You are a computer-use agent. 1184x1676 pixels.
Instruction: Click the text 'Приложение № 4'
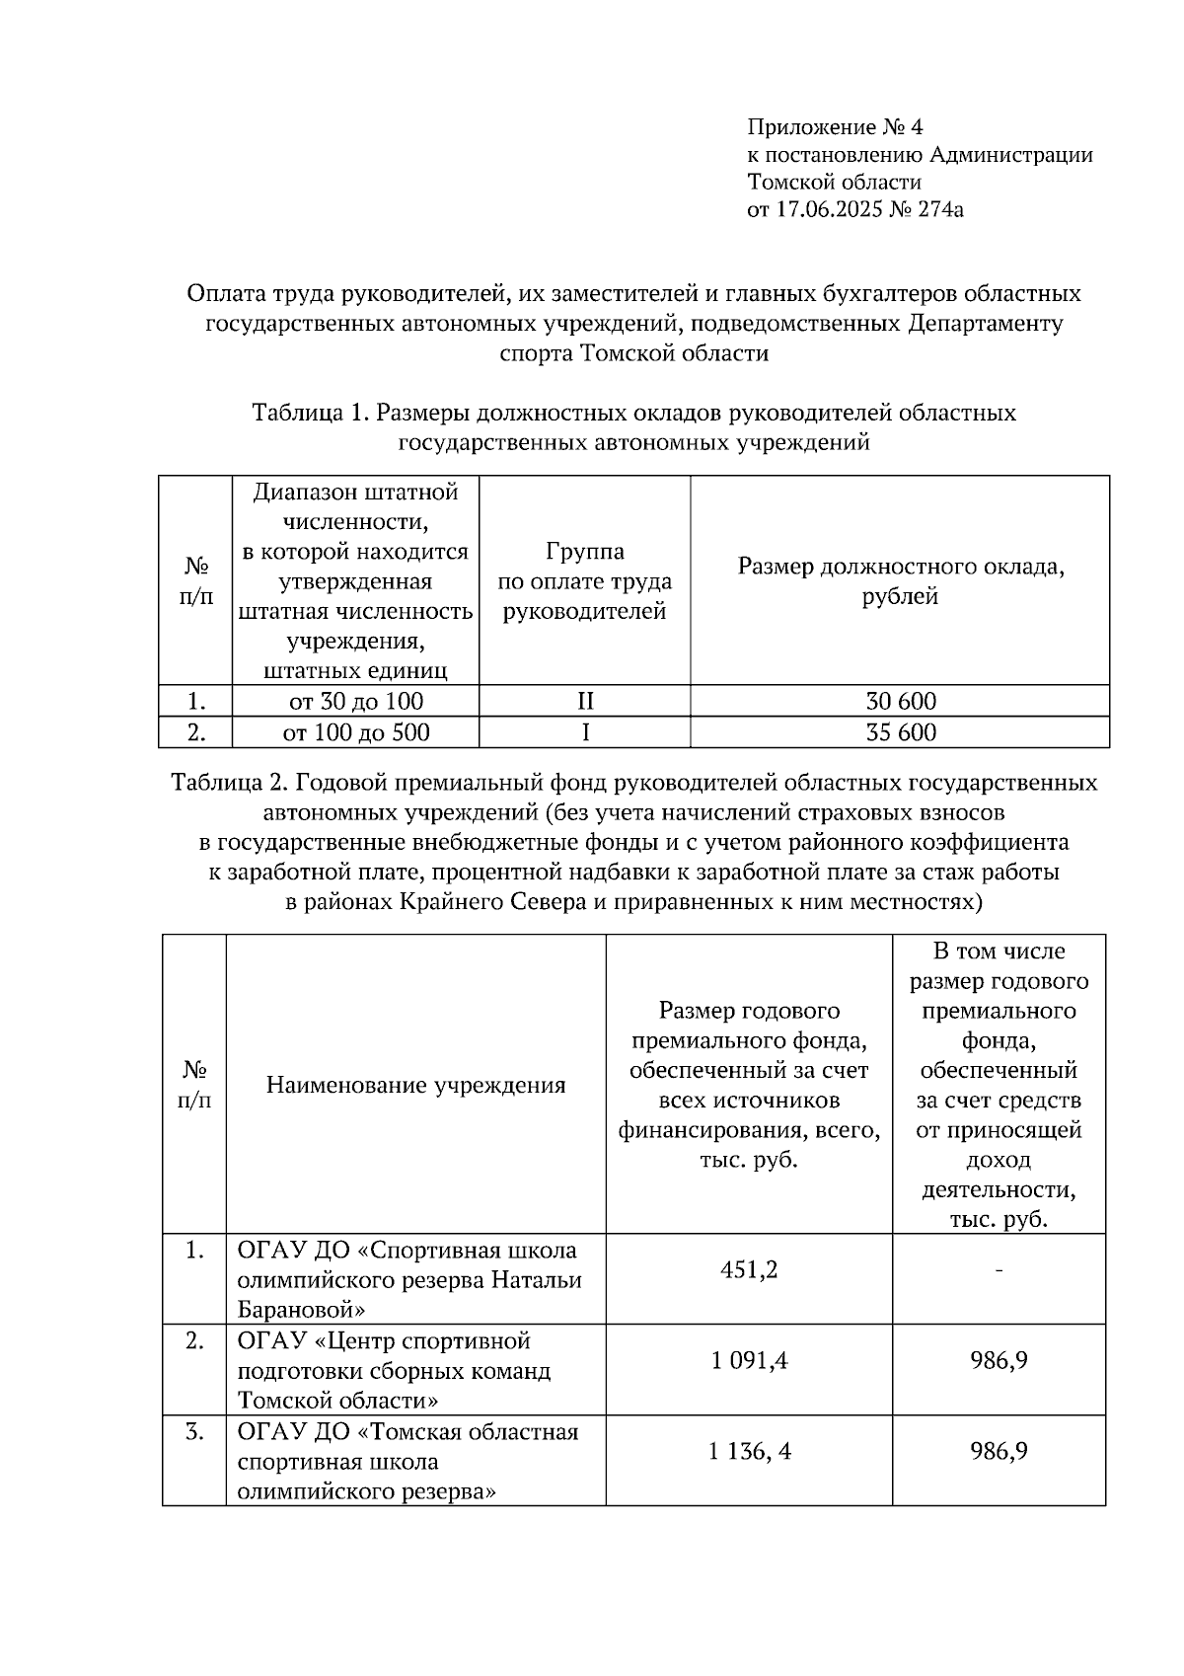pos(835,127)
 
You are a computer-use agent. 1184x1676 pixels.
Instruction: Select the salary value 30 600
pos(900,702)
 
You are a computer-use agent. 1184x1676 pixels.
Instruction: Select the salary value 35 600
pos(900,732)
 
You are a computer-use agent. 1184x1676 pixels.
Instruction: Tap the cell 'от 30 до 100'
pos(355,702)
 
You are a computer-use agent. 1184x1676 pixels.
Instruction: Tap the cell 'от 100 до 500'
pos(355,732)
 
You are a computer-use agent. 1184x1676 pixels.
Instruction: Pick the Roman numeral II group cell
pos(585,702)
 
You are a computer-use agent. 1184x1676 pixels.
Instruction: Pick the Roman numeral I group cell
pos(585,732)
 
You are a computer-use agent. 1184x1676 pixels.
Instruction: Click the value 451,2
pos(749,1269)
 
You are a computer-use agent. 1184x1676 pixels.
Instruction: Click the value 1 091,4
pos(749,1361)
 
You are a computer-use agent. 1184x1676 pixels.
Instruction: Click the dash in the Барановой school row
pos(999,1269)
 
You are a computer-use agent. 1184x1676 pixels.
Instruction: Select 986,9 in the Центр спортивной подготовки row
pos(999,1361)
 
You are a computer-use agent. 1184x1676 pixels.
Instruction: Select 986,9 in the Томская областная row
pos(999,1452)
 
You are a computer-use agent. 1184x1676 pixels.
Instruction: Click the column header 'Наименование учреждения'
pos(415,1086)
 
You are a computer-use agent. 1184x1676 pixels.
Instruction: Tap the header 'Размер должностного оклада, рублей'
pos(900,581)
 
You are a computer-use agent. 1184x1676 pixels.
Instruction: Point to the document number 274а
pos(940,209)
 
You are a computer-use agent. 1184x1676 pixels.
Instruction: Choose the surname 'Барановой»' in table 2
pos(301,1311)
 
